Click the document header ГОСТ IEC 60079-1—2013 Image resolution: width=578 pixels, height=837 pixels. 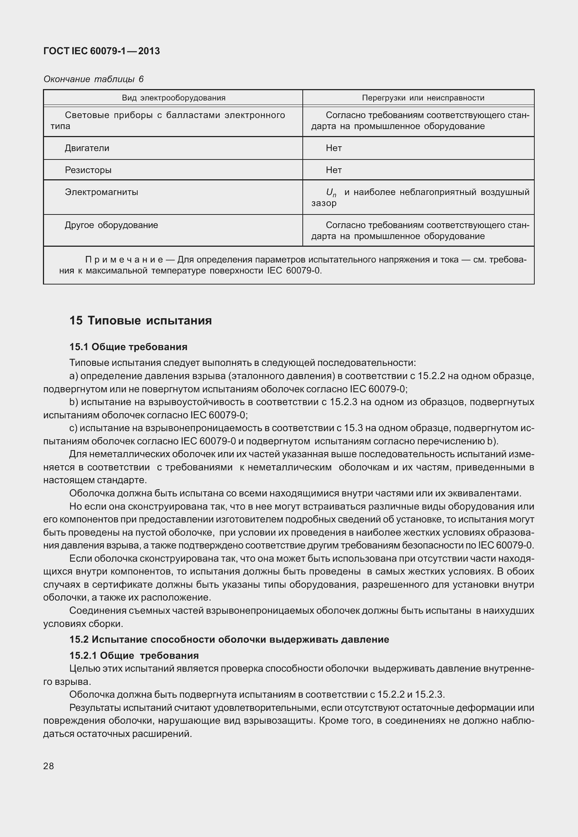pos(102,51)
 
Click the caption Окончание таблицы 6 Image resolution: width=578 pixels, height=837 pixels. pos(93,79)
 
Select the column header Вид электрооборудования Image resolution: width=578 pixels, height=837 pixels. pos(173,98)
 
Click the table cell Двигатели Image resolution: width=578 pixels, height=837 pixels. pos(87,148)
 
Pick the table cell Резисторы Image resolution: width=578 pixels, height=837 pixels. pos(88,170)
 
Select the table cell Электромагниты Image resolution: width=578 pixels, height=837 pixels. pos(101,192)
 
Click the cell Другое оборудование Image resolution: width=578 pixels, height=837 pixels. pos(111,225)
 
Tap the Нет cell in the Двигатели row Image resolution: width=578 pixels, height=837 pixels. pos(334,148)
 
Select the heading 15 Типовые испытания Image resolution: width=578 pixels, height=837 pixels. pos(141,321)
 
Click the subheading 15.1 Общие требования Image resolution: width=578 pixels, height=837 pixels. pos(128,347)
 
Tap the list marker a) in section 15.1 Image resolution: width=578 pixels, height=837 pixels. pos(73,376)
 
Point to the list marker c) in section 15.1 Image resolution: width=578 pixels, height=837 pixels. pos(73,428)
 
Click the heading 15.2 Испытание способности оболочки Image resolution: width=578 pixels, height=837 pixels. pos(229,640)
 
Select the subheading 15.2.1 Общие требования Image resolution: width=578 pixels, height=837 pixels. pos(134,656)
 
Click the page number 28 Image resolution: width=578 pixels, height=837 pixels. pos(48,766)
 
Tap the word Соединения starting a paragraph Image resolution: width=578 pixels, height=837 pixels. pos(93,611)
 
